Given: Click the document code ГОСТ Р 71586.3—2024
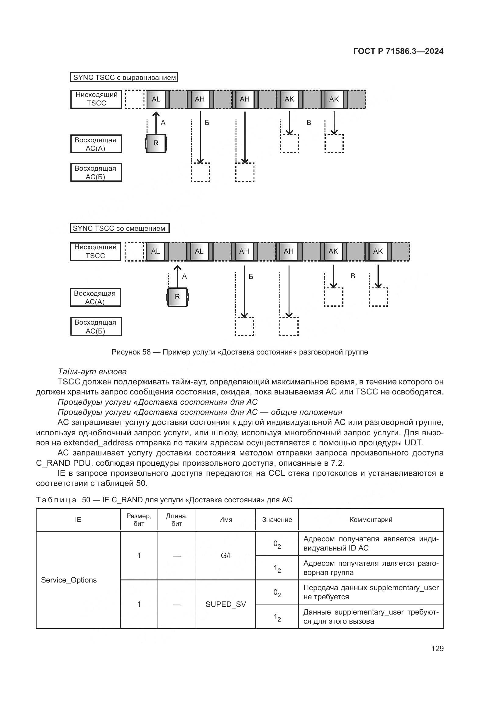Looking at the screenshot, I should click(x=398, y=51).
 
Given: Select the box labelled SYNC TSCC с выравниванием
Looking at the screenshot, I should click(x=124, y=77).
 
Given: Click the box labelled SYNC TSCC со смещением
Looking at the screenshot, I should click(x=119, y=228).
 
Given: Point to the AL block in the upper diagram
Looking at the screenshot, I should click(x=156, y=99).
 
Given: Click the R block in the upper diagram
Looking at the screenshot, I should click(x=156, y=143).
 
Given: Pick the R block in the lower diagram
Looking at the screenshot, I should click(x=177, y=297).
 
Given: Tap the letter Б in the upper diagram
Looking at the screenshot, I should click(x=207, y=123).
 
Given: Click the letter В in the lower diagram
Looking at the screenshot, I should click(x=353, y=276).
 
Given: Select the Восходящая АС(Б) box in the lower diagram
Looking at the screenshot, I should click(x=96, y=326).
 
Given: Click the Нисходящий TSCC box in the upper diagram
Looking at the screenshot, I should click(x=96, y=99).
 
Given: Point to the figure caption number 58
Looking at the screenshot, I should click(x=147, y=352).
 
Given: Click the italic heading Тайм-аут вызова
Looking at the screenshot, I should click(x=92, y=372).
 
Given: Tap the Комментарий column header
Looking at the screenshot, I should click(x=371, y=519).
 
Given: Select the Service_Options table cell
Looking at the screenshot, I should click(x=69, y=580).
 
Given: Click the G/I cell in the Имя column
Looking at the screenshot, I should click(x=225, y=556).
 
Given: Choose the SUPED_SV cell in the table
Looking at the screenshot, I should click(x=225, y=604).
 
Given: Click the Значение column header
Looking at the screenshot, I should click(x=277, y=519).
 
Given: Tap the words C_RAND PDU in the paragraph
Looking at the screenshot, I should click(x=64, y=463).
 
